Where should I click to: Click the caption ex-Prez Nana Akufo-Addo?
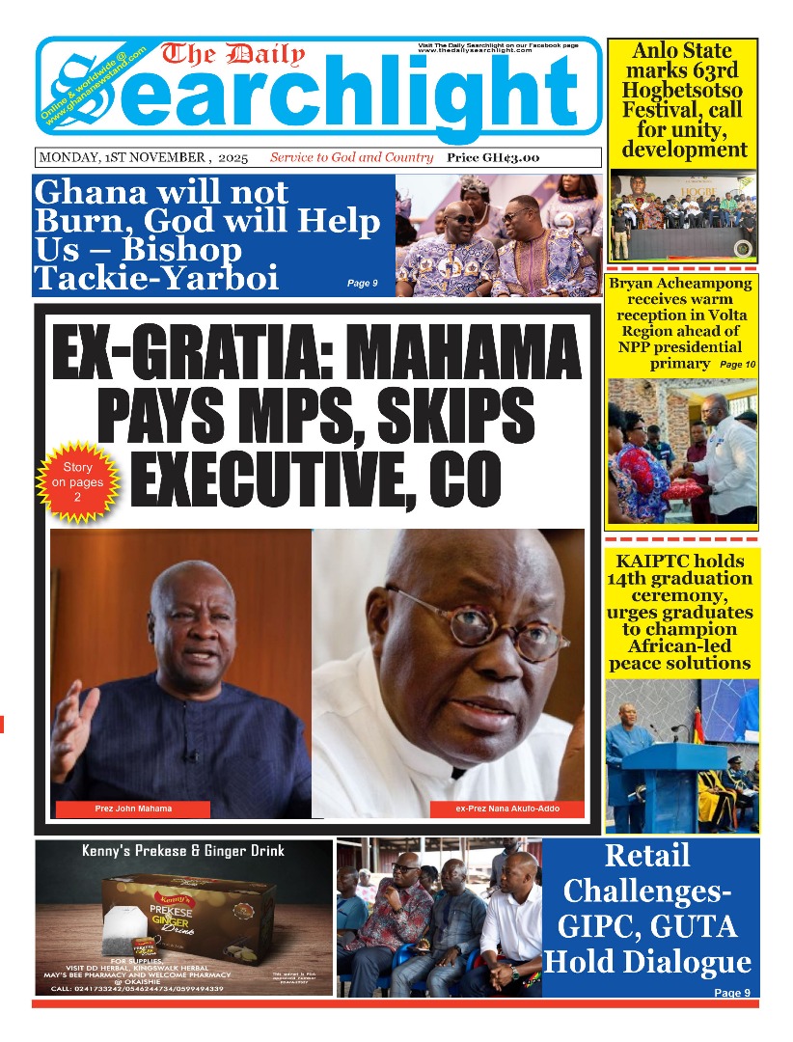(x=506, y=809)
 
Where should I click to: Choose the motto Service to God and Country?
(x=351, y=157)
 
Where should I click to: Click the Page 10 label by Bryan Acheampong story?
(x=738, y=365)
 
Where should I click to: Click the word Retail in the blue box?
(x=647, y=856)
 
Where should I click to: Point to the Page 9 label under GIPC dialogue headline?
(x=731, y=993)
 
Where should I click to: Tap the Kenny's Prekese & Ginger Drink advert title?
(x=182, y=851)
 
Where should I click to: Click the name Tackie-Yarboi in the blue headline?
(x=156, y=279)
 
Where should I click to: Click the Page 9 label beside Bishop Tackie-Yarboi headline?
(x=362, y=284)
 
